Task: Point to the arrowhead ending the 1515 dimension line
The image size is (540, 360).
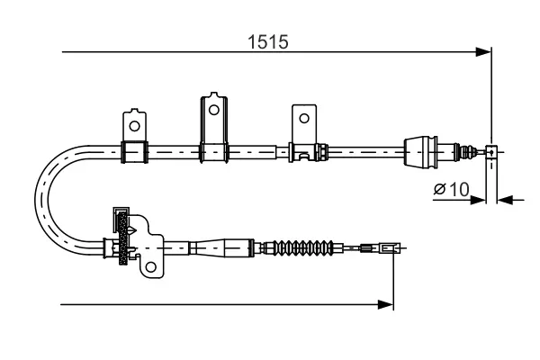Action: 485,52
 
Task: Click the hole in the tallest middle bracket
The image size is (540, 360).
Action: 213,109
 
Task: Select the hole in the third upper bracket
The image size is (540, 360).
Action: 304,118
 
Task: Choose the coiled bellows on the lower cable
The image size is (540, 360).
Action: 304,246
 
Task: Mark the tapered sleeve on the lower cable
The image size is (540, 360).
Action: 220,246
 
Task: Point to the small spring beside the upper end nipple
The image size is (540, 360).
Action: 469,149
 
